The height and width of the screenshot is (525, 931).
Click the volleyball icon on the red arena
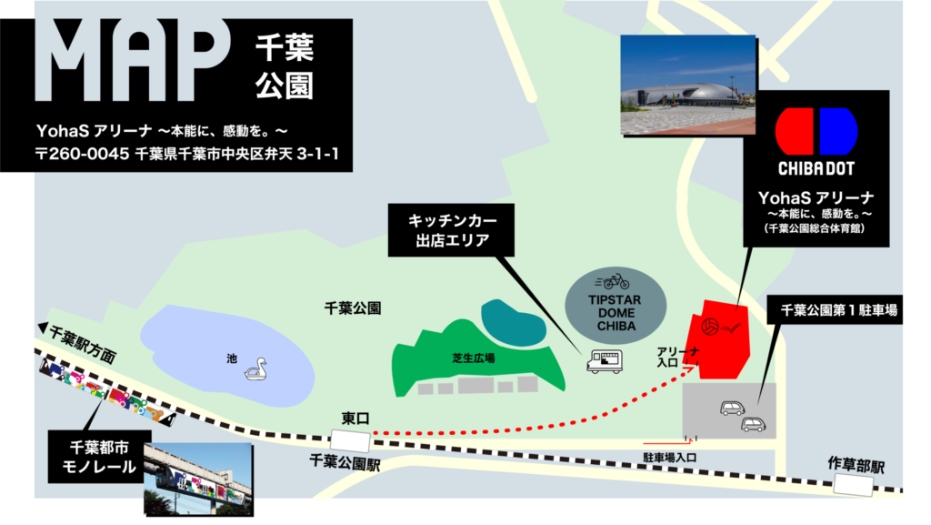711,324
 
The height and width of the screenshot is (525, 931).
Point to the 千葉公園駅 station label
344,461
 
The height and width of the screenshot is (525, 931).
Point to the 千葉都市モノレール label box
91,457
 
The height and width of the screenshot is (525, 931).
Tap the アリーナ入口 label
666,357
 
